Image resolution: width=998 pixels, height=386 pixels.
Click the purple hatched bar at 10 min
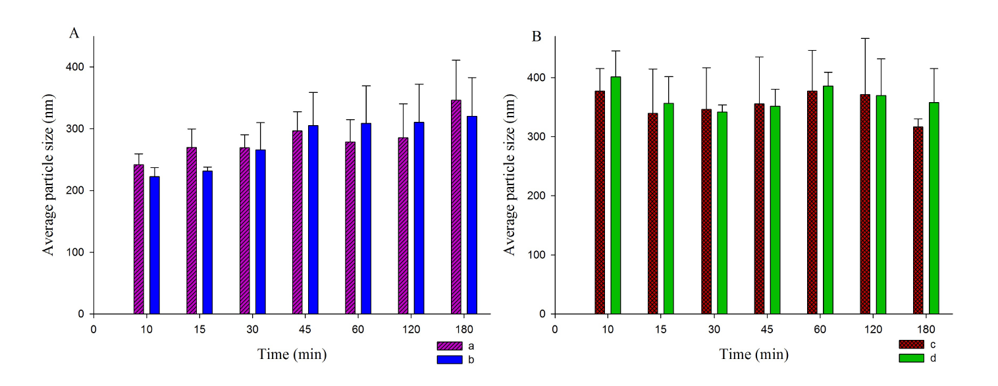pyautogui.click(x=138, y=239)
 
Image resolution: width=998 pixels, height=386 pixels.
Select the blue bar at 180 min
pyautogui.click(x=471, y=262)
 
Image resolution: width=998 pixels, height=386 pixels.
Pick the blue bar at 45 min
pyautogui.click(x=313, y=257)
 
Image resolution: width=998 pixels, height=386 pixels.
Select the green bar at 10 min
pyautogui.click(x=616, y=195)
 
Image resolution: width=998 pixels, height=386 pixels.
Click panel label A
pyautogui.click(x=74, y=34)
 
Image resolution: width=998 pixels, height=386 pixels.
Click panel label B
pyautogui.click(x=537, y=37)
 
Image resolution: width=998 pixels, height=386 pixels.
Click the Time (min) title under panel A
pyautogui.click(x=292, y=354)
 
